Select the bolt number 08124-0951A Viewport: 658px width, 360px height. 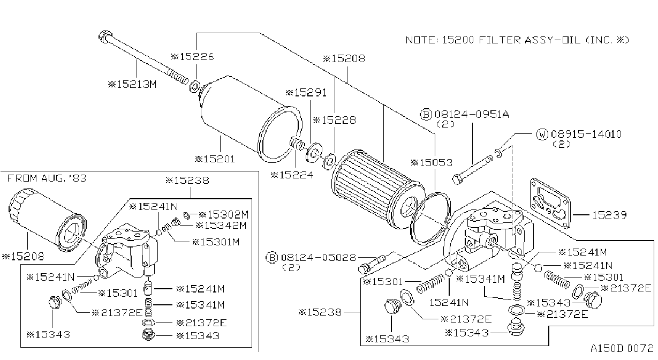coord(472,114)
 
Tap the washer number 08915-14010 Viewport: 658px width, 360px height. coord(586,134)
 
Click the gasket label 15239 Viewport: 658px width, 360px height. coord(609,215)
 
